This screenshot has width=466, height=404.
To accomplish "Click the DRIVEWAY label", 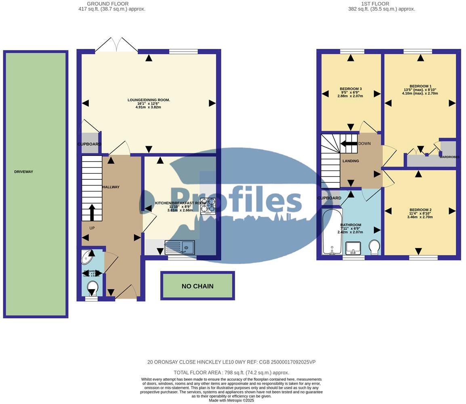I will (x=23, y=172).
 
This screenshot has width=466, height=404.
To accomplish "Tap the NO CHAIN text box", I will (x=197, y=286).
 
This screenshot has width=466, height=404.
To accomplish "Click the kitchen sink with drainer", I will (x=180, y=247).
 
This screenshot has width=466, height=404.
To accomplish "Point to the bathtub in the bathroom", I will (x=332, y=231).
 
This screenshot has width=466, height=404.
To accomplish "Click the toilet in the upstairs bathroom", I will (x=374, y=247).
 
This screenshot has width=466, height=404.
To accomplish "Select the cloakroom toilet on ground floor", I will (x=92, y=288).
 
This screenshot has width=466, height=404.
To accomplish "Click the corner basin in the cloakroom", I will (x=87, y=257).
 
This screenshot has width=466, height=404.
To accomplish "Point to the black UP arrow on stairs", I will (x=92, y=212).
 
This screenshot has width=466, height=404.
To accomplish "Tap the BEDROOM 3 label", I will (x=351, y=89).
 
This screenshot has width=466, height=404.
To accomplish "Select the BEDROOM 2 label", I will (x=420, y=210).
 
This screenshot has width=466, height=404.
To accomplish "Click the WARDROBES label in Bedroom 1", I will (x=449, y=157).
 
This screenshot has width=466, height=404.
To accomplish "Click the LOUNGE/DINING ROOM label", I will (x=149, y=100).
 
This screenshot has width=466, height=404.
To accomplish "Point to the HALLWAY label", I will (x=111, y=187).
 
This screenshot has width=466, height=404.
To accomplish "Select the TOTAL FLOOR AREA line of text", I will (x=231, y=372).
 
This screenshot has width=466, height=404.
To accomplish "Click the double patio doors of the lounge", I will (x=116, y=45).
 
